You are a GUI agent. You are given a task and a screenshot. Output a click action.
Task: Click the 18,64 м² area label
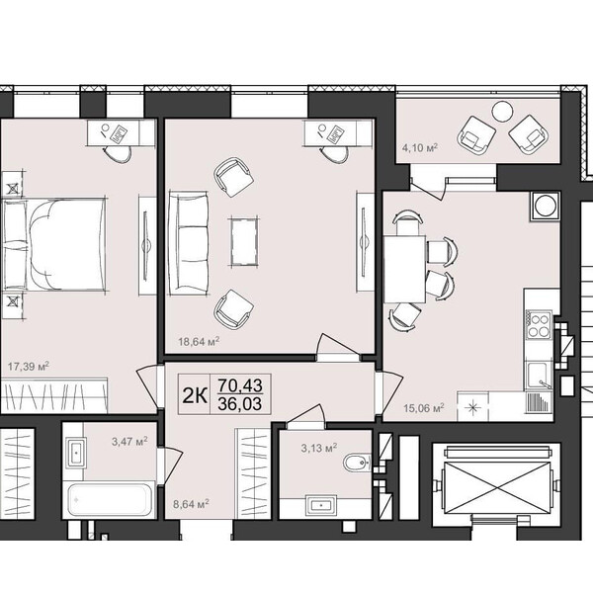click(199, 342)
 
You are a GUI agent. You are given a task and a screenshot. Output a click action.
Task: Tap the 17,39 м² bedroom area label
click(29, 366)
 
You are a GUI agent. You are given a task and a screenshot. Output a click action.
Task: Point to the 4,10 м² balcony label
click(420, 147)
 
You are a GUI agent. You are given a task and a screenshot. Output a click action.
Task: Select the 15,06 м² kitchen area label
click(424, 408)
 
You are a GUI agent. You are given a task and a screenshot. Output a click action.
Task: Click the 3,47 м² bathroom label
click(129, 441)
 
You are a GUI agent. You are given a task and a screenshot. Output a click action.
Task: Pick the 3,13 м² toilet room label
click(319, 448)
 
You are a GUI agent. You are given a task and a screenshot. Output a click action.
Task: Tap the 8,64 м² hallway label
click(192, 504)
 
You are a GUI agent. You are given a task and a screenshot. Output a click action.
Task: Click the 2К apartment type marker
click(195, 395)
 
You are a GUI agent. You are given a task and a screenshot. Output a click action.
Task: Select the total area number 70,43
click(240, 385)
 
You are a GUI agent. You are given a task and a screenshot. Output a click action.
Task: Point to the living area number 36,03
click(240, 404)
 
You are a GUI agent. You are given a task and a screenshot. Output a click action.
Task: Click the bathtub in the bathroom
click(111, 499)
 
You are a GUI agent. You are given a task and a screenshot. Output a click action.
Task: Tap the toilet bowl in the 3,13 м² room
click(357, 462)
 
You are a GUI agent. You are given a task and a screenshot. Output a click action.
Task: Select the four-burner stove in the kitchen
click(539, 325)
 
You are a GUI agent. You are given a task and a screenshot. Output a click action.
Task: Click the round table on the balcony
click(502, 112)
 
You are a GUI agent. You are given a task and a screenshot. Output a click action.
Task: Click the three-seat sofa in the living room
click(189, 242)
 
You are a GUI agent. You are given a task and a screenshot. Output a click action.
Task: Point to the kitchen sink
click(538, 375)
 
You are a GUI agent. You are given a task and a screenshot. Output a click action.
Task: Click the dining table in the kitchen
click(405, 269)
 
